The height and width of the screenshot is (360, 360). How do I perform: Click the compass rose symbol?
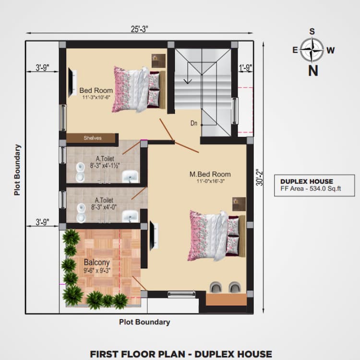coord(312,50)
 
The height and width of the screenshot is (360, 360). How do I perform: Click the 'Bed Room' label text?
coord(96,90)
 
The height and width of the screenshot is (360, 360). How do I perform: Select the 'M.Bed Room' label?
coord(210,174)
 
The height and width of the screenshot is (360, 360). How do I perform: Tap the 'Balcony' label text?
coord(96,263)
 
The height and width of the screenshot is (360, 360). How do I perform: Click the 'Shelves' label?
coord(92,138)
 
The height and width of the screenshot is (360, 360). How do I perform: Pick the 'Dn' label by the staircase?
coord(194,124)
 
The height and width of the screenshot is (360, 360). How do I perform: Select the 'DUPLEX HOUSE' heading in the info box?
coord(307,181)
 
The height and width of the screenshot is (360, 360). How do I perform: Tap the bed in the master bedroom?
coord(214,235)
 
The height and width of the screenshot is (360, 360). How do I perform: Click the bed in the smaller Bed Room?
coord(137,89)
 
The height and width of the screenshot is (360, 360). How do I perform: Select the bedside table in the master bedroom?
coord(239,204)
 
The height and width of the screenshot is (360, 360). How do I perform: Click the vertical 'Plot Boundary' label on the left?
coord(17,170)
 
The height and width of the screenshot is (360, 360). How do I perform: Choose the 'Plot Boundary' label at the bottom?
coord(144,322)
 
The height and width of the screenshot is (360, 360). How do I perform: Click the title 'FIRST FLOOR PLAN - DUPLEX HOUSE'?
coord(181,354)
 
